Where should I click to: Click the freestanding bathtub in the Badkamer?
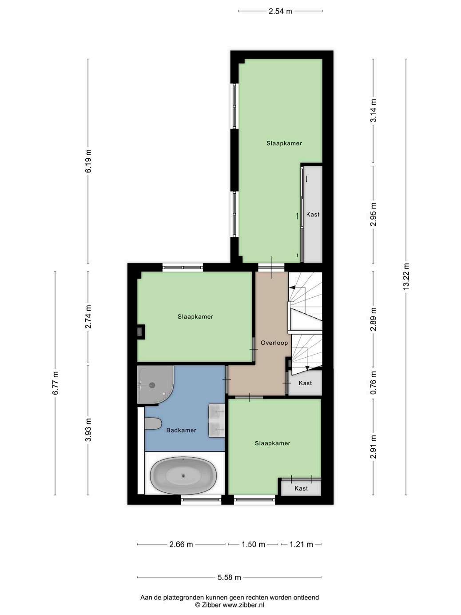point(183,475)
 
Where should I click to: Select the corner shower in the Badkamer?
point(155,384)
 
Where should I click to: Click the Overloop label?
point(274,343)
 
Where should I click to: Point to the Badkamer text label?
point(181,430)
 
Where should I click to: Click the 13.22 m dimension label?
point(406,277)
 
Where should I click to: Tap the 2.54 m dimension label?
point(280,11)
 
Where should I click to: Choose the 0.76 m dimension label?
point(373,383)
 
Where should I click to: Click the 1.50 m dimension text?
point(253,544)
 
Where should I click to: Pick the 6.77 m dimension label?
point(55,383)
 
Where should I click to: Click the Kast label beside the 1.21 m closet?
point(301,488)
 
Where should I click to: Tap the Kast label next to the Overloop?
point(305,383)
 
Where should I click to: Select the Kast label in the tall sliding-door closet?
point(313,214)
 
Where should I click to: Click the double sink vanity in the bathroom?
point(217,420)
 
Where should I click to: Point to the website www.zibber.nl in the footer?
point(243,605)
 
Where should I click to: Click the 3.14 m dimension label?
point(373,110)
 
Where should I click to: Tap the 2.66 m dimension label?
point(181,544)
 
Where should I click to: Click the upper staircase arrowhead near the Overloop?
point(293,288)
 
